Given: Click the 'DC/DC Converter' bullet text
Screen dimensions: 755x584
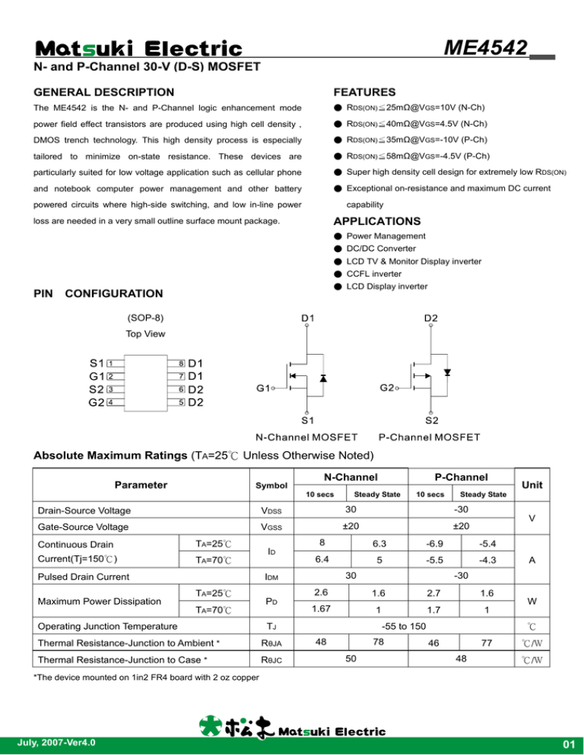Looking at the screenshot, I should [381, 248].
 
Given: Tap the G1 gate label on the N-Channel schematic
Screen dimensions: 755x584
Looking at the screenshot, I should [264, 388].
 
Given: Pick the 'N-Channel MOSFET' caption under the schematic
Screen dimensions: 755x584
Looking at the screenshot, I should [306, 437].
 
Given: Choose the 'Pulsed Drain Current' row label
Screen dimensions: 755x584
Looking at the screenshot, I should [78, 577].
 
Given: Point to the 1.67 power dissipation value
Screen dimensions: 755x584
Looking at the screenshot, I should [319, 608].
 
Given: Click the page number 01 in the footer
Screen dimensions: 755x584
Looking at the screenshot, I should [563, 742].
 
